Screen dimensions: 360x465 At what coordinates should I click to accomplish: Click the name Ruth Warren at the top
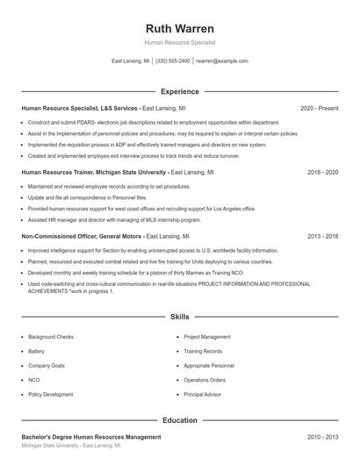pyautogui.click(x=179, y=26)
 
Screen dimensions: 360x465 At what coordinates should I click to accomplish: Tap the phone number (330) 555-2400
pyautogui.click(x=173, y=61)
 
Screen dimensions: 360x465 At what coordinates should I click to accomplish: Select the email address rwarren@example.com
pyautogui.click(x=221, y=61)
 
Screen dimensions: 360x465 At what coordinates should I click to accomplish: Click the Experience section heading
pyautogui.click(x=179, y=91)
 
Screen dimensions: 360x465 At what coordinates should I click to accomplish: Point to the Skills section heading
pyautogui.click(x=179, y=316)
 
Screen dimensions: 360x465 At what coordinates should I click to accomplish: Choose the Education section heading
pyautogui.click(x=179, y=420)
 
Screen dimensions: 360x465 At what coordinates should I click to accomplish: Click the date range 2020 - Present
pyautogui.click(x=319, y=108)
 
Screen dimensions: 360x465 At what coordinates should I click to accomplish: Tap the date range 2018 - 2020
pyautogui.click(x=322, y=173)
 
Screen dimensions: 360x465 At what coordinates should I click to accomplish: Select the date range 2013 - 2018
pyautogui.click(x=322, y=237)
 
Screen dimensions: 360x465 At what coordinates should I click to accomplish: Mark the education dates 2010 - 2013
pyautogui.click(x=322, y=437)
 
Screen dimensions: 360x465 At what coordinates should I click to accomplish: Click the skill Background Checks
pyautogui.click(x=51, y=337)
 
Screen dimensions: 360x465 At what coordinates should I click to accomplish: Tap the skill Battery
pyautogui.click(x=36, y=351)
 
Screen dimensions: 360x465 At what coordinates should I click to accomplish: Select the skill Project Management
pyautogui.click(x=207, y=337)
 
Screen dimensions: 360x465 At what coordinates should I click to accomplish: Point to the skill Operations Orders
pyautogui.click(x=205, y=380)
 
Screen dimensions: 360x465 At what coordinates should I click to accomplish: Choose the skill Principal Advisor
pyautogui.click(x=203, y=395)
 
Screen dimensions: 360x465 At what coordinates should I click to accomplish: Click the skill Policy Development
pyautogui.click(x=51, y=395)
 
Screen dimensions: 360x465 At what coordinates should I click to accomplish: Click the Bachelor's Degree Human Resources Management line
pyautogui.click(x=90, y=437)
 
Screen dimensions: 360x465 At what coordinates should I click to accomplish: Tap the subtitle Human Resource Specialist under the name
pyautogui.click(x=179, y=42)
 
